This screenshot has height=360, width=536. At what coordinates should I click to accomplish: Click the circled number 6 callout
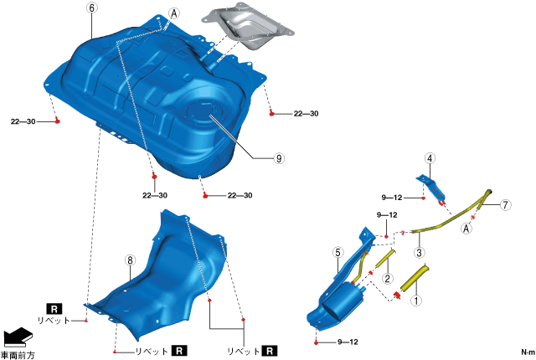point(91,8)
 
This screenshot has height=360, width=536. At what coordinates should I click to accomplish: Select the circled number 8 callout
point(130,260)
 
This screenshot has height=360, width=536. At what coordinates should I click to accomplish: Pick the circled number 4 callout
point(430,157)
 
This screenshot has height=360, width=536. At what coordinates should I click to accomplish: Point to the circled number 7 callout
point(505,204)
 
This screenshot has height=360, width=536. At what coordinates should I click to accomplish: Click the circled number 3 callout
point(418,252)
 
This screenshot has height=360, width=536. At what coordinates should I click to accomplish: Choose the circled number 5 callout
point(338,252)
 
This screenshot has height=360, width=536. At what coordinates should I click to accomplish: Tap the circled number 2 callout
point(387,278)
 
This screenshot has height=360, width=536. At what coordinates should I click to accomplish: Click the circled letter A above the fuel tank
point(174,14)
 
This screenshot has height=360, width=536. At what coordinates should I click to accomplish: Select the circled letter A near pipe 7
point(466,226)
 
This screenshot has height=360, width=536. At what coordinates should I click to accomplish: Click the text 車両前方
point(18,355)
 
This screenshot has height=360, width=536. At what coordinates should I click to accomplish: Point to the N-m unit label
point(527,352)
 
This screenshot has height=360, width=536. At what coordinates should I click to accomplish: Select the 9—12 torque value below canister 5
point(348,342)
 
